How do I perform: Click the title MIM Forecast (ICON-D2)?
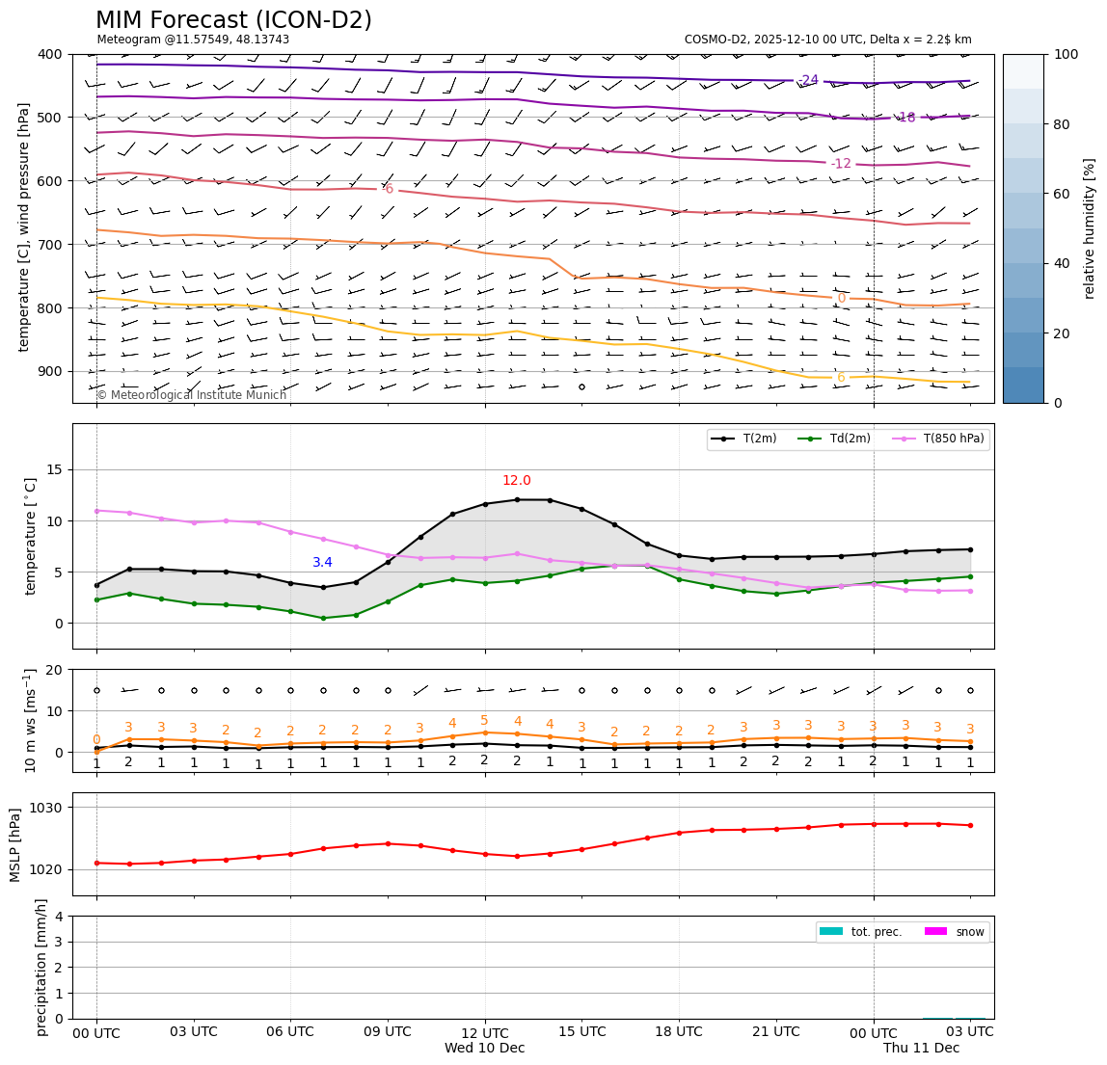click(233, 20)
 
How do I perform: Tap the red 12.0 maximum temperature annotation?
click(516, 481)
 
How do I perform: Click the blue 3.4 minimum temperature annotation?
click(322, 563)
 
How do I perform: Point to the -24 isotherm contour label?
click(808, 80)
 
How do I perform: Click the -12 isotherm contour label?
click(841, 164)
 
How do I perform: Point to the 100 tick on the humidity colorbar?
click(1066, 55)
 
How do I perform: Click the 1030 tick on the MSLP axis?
click(45, 808)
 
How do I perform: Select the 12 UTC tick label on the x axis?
click(485, 1032)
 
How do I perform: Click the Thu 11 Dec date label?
click(921, 1048)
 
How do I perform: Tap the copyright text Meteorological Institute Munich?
click(191, 395)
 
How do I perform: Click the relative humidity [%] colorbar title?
click(1090, 228)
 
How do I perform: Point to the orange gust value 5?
click(484, 721)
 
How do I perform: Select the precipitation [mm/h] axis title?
click(41, 967)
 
